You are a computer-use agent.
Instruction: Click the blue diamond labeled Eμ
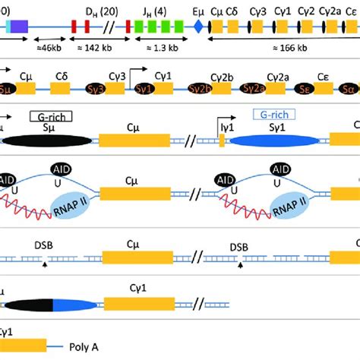click(x=199, y=26)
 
